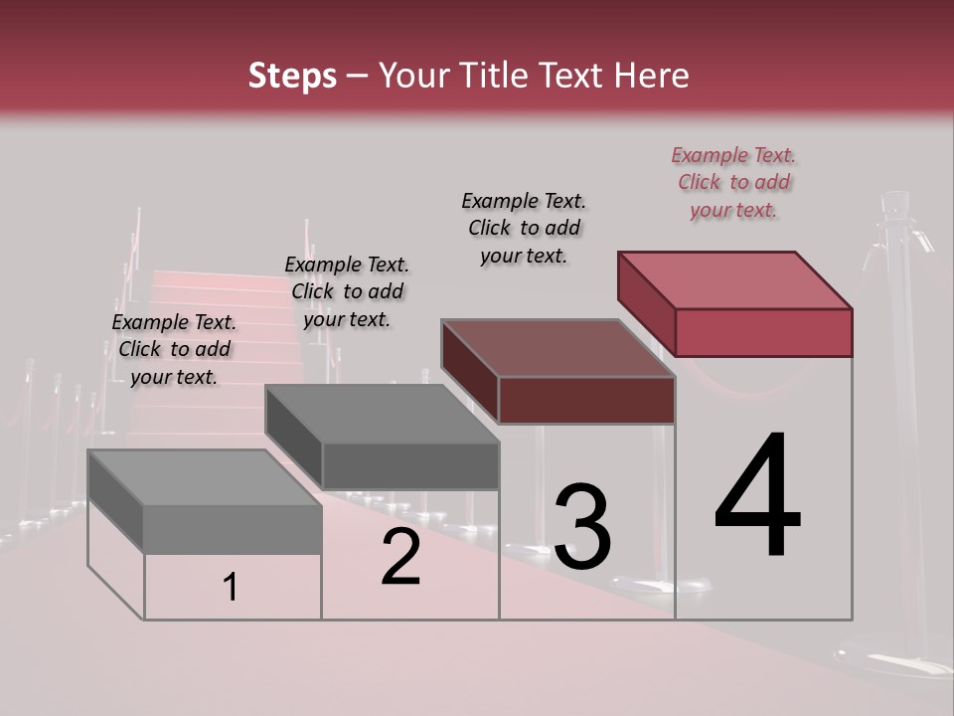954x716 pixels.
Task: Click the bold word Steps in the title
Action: (292, 77)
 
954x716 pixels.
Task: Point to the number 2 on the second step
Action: (400, 558)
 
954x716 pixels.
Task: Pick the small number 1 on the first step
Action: (231, 588)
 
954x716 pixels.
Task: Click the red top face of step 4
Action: (735, 279)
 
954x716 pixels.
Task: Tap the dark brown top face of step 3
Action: (558, 348)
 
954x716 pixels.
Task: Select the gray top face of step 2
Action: (383, 414)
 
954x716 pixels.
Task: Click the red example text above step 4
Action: (734, 182)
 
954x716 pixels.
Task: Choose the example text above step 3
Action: (525, 228)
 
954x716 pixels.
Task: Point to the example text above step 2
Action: (347, 291)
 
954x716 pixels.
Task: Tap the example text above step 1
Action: (175, 349)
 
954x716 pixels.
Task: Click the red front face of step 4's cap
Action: (763, 332)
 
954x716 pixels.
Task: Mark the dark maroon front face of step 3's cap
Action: (586, 400)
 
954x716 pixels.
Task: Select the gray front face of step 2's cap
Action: (409, 465)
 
